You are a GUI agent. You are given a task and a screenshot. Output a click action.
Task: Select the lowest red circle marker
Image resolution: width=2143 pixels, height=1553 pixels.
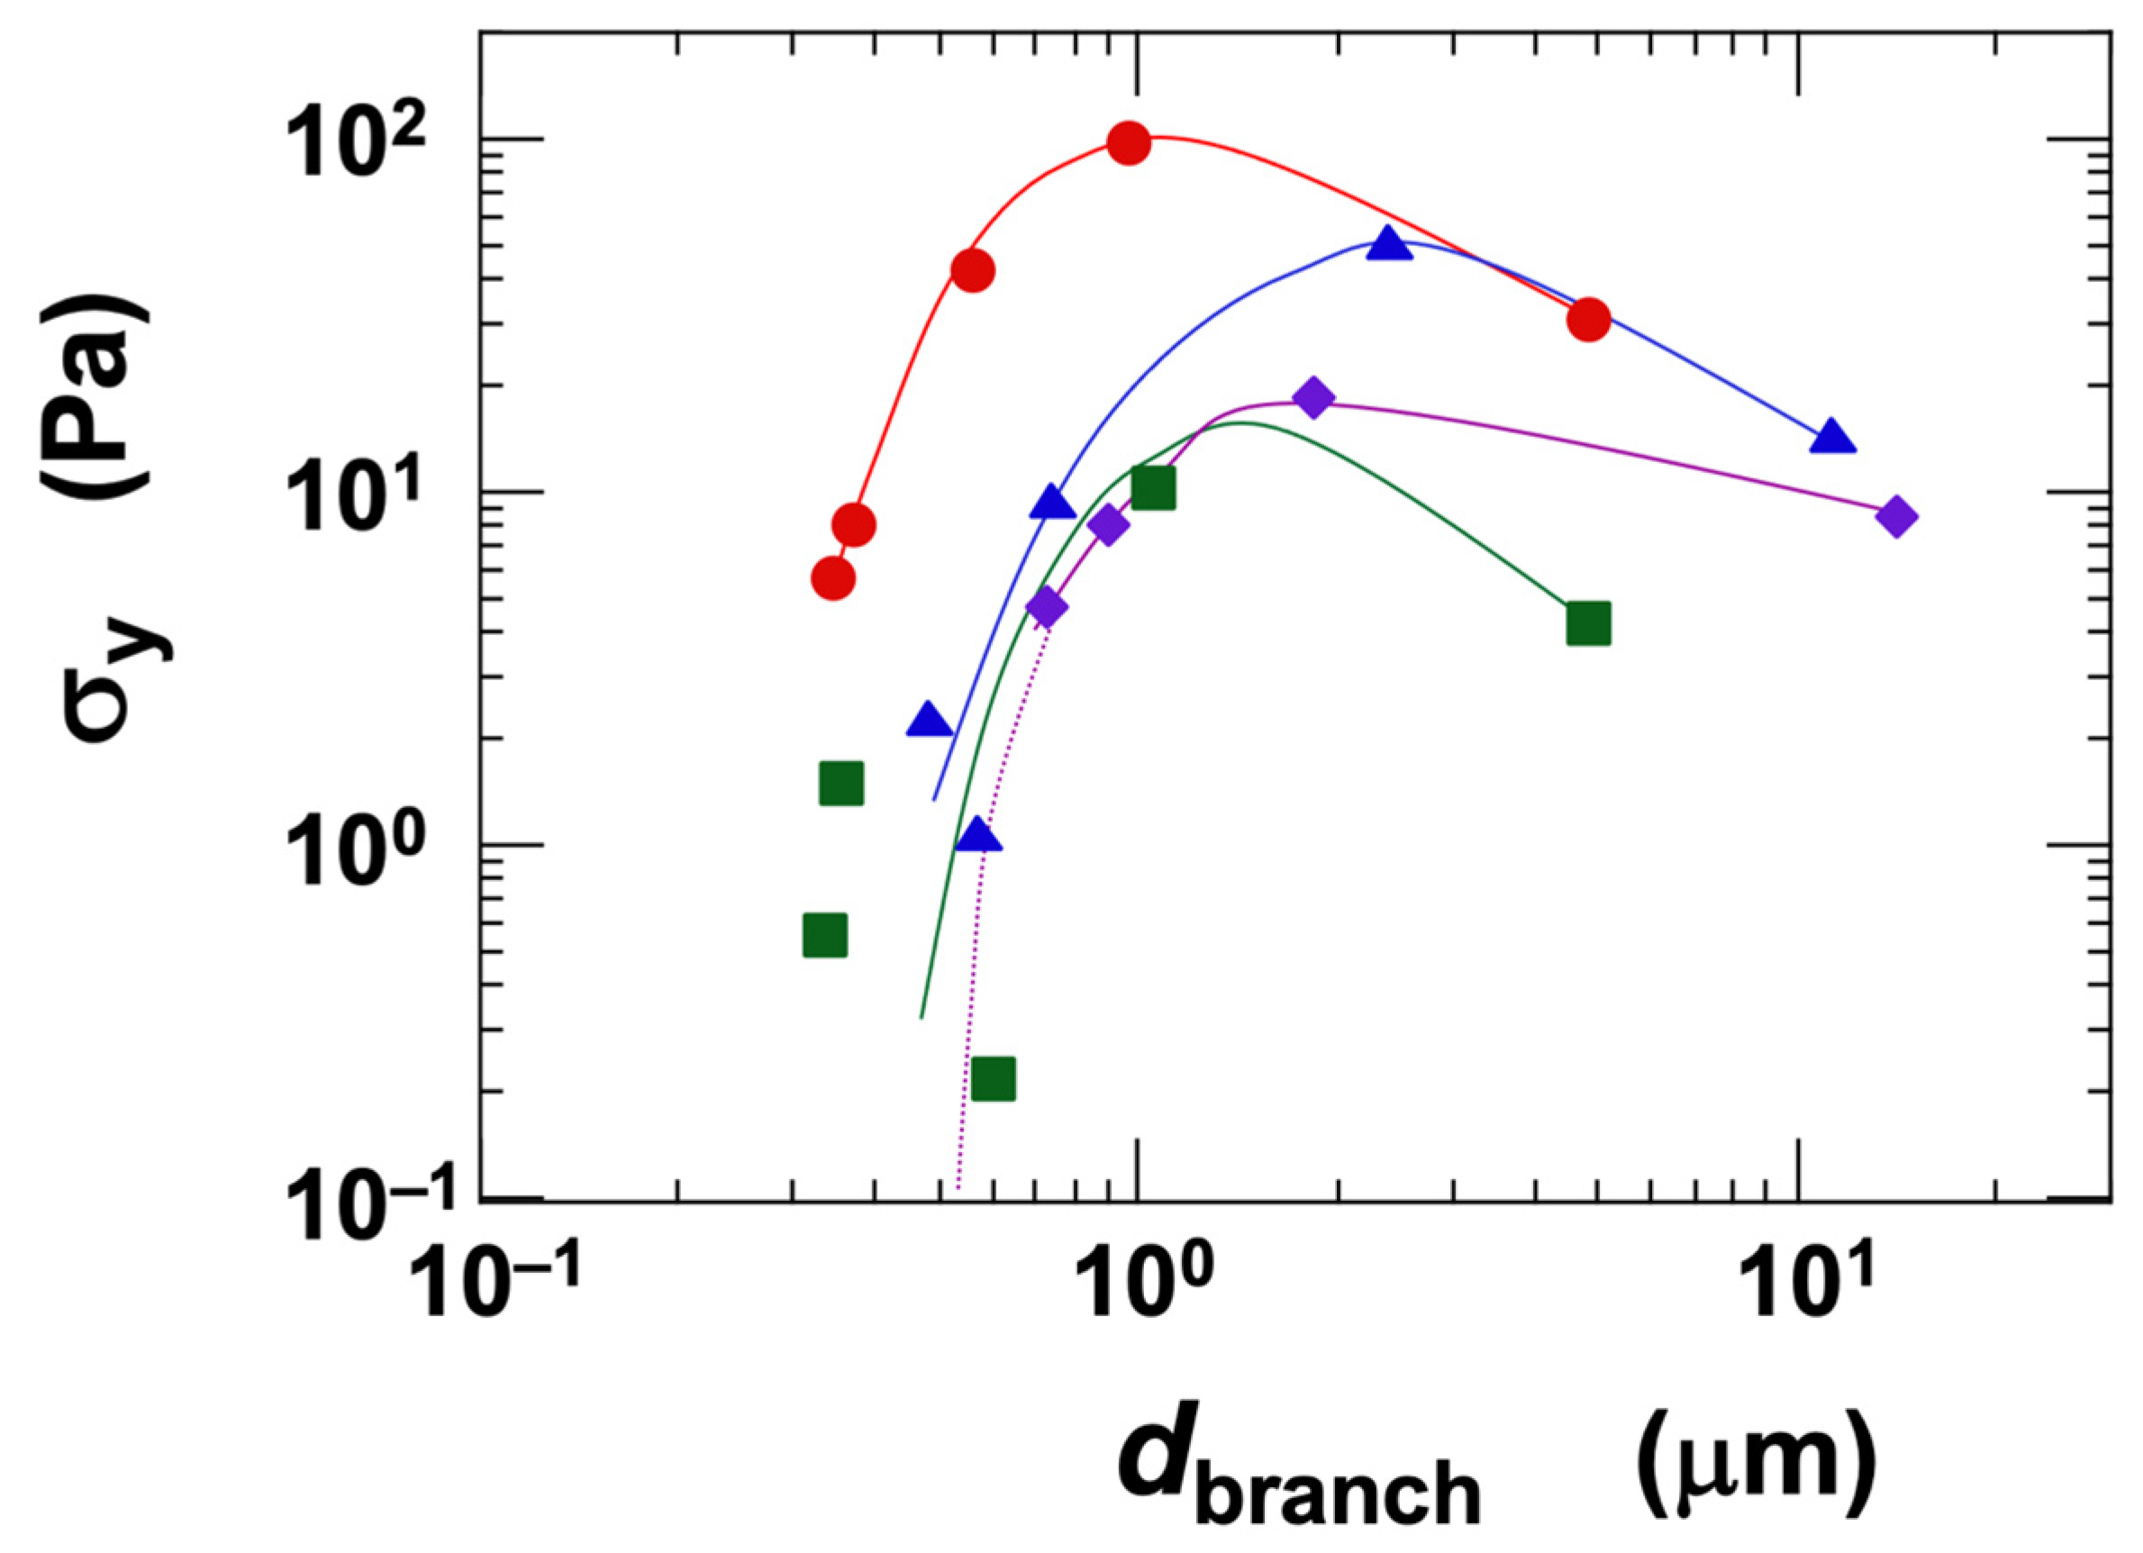click(x=833, y=578)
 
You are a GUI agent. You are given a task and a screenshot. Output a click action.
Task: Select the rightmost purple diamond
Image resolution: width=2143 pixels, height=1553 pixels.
click(x=1896, y=517)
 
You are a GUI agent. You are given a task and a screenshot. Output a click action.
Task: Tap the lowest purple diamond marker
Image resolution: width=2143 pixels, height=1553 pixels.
click(x=1046, y=607)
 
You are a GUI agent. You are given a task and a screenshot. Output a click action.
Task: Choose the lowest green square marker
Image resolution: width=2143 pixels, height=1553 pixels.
click(x=993, y=1079)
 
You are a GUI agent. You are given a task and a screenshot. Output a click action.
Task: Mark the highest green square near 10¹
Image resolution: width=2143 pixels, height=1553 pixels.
click(x=1154, y=487)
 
